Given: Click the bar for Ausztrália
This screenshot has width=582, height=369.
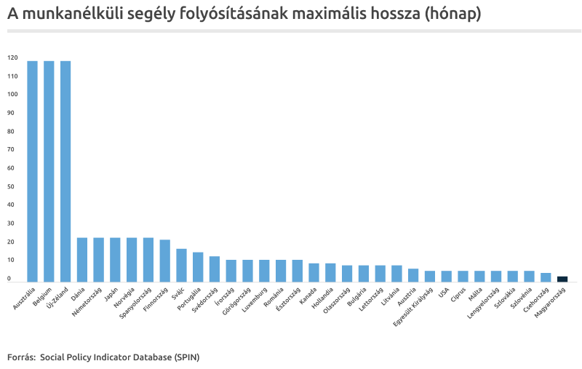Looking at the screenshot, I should click(x=32, y=171).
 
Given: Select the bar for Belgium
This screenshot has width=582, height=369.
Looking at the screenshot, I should click(x=49, y=171).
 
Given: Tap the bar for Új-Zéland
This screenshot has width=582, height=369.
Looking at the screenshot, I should click(x=65, y=171).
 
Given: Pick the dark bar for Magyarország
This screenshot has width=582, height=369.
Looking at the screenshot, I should click(x=562, y=279).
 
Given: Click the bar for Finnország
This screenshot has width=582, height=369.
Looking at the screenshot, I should click(x=164, y=261).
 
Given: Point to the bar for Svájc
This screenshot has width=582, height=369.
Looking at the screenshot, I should click(x=181, y=265).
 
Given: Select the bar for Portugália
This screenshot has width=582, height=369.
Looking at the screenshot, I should click(x=198, y=267).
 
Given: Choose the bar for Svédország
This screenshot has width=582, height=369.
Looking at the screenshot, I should click(x=215, y=269).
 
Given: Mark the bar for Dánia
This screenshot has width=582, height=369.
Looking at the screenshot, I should click(x=82, y=260).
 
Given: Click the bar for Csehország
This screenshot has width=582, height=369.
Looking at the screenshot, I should click(x=546, y=277).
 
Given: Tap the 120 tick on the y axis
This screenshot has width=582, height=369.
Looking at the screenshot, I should click(x=12, y=57).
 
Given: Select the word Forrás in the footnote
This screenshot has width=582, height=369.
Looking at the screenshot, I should click(x=20, y=357).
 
